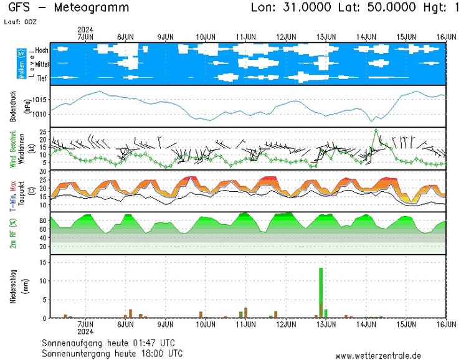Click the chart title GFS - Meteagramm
click(x=69, y=8)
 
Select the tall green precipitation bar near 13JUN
click(x=321, y=293)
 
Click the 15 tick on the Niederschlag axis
click(x=43, y=262)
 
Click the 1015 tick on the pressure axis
click(x=40, y=100)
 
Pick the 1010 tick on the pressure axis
click(x=40, y=114)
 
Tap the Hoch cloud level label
click(x=42, y=50)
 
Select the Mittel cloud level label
click(x=42, y=64)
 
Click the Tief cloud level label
click(x=42, y=78)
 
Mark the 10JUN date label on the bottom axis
click(x=206, y=324)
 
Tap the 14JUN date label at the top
click(x=366, y=37)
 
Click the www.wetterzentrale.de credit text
click(x=387, y=356)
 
